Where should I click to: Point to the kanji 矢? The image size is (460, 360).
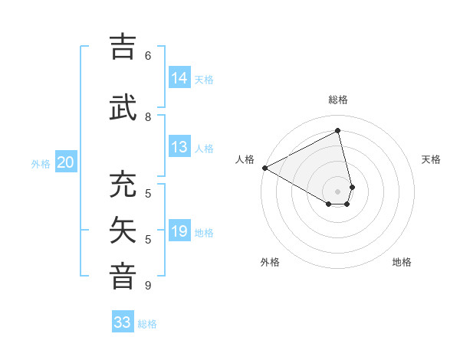pyautogui.click(x=123, y=231)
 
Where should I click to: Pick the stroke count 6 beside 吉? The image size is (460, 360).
pyautogui.click(x=148, y=56)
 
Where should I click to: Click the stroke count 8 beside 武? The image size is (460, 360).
pyautogui.click(x=148, y=117)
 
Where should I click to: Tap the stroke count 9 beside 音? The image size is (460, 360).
pyautogui.click(x=148, y=286)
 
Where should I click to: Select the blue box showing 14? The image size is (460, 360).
pyautogui.click(x=179, y=78)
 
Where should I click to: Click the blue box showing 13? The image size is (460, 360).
pyautogui.click(x=179, y=147)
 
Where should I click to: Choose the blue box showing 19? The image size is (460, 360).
pyautogui.click(x=179, y=231)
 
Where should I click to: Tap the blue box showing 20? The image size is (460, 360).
pyautogui.click(x=66, y=162)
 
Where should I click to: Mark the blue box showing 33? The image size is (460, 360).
pyautogui.click(x=123, y=322)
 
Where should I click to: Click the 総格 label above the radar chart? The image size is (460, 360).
pyautogui.click(x=338, y=100)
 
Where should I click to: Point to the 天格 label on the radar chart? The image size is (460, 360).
pyautogui.click(x=432, y=159)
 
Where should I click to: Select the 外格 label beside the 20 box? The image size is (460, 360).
pyautogui.click(x=41, y=164)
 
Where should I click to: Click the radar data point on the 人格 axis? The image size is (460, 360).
pyautogui.click(x=264, y=167)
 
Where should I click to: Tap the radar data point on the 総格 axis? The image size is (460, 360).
pyautogui.click(x=338, y=131)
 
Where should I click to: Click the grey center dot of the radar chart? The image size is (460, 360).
pyautogui.click(x=338, y=191)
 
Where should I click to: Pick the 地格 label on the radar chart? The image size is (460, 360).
pyautogui.click(x=402, y=262)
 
